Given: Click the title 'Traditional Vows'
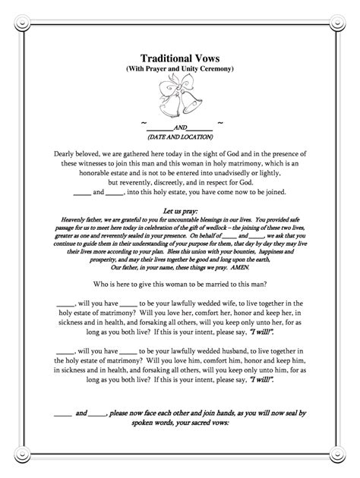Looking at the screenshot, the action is pyautogui.click(x=180, y=58).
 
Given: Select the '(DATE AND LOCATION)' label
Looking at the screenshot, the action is pyautogui.click(x=180, y=136).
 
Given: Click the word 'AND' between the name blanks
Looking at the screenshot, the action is pyautogui.click(x=180, y=127).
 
